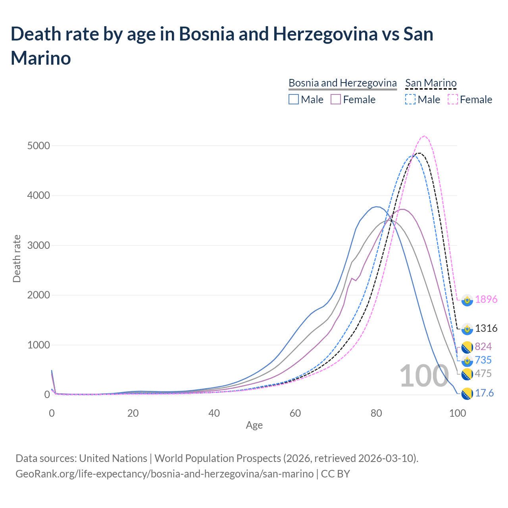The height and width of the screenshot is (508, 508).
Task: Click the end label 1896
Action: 486,299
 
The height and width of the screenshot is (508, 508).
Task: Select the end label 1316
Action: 486,328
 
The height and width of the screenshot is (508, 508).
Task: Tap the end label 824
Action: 483,346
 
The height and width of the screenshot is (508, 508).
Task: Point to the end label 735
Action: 483,360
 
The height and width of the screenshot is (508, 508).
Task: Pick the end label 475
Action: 483,373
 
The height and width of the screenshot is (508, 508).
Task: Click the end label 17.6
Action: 484,393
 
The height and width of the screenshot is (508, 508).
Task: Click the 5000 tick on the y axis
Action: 39,146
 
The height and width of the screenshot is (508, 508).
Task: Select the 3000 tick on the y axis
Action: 39,245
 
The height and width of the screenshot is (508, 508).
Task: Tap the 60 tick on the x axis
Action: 295,413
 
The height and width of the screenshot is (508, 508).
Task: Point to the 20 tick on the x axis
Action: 133,413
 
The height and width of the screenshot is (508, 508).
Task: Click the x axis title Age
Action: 254,425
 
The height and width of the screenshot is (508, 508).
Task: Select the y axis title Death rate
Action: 17,258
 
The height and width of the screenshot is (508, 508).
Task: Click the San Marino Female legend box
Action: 453,99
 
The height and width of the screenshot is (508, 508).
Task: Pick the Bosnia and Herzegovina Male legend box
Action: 294,99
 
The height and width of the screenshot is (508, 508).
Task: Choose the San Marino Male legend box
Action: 410,99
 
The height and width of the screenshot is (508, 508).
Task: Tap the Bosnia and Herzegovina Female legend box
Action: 336,99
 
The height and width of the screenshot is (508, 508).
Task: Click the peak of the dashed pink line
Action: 425,136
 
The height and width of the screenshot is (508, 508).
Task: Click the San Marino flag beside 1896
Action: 467,300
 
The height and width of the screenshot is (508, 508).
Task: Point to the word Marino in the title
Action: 41,58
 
